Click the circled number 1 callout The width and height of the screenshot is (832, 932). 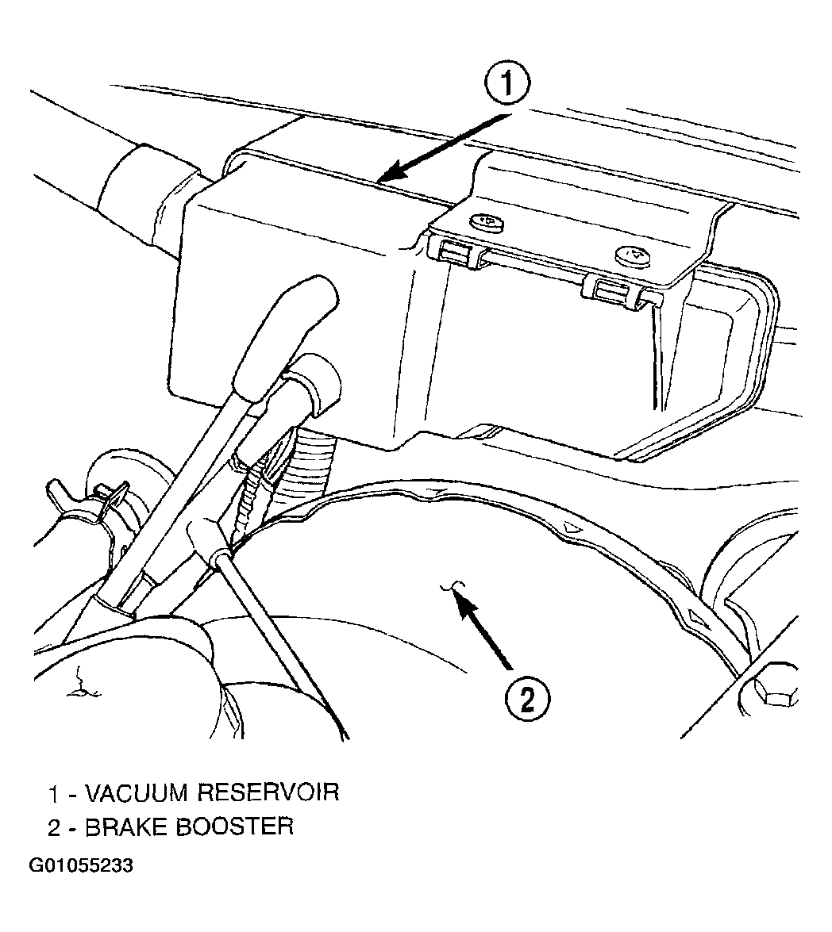pyautogui.click(x=507, y=84)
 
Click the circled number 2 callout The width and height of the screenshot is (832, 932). pyautogui.click(x=527, y=700)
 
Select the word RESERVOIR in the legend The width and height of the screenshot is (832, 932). pyautogui.click(x=268, y=792)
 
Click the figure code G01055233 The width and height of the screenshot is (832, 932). pyautogui.click(x=81, y=865)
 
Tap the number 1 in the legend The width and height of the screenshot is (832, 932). pyautogui.click(x=54, y=793)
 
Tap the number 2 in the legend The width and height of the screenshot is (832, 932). pyautogui.click(x=54, y=827)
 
